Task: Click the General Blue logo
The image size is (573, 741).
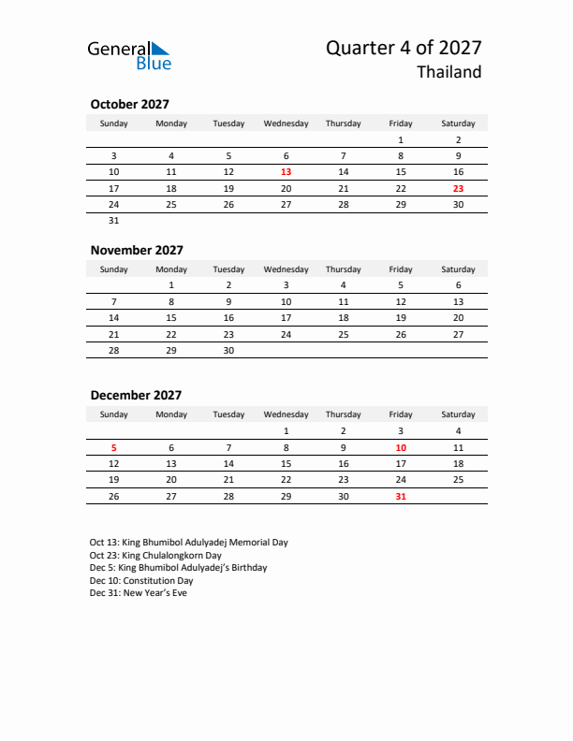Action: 129,54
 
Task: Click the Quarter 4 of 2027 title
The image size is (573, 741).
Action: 404,48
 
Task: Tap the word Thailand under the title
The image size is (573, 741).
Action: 449,72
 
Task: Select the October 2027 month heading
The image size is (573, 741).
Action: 129,105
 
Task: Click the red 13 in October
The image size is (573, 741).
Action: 286,172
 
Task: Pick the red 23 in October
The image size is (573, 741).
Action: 458,188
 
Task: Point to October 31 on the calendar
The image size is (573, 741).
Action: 114,221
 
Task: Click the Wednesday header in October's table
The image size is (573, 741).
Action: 286,123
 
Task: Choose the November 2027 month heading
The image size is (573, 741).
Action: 137,250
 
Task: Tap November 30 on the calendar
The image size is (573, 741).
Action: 228,350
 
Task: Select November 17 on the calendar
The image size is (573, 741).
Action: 286,317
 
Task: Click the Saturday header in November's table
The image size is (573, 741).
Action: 458,269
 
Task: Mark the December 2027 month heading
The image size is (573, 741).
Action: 136,396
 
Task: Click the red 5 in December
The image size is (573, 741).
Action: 114,447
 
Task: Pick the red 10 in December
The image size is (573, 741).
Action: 401,447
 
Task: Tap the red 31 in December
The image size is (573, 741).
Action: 401,496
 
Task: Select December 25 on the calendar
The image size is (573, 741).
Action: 458,480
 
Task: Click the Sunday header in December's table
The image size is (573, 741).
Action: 114,414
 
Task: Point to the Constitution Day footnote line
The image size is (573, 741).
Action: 141,580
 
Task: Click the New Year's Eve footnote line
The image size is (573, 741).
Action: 139,593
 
